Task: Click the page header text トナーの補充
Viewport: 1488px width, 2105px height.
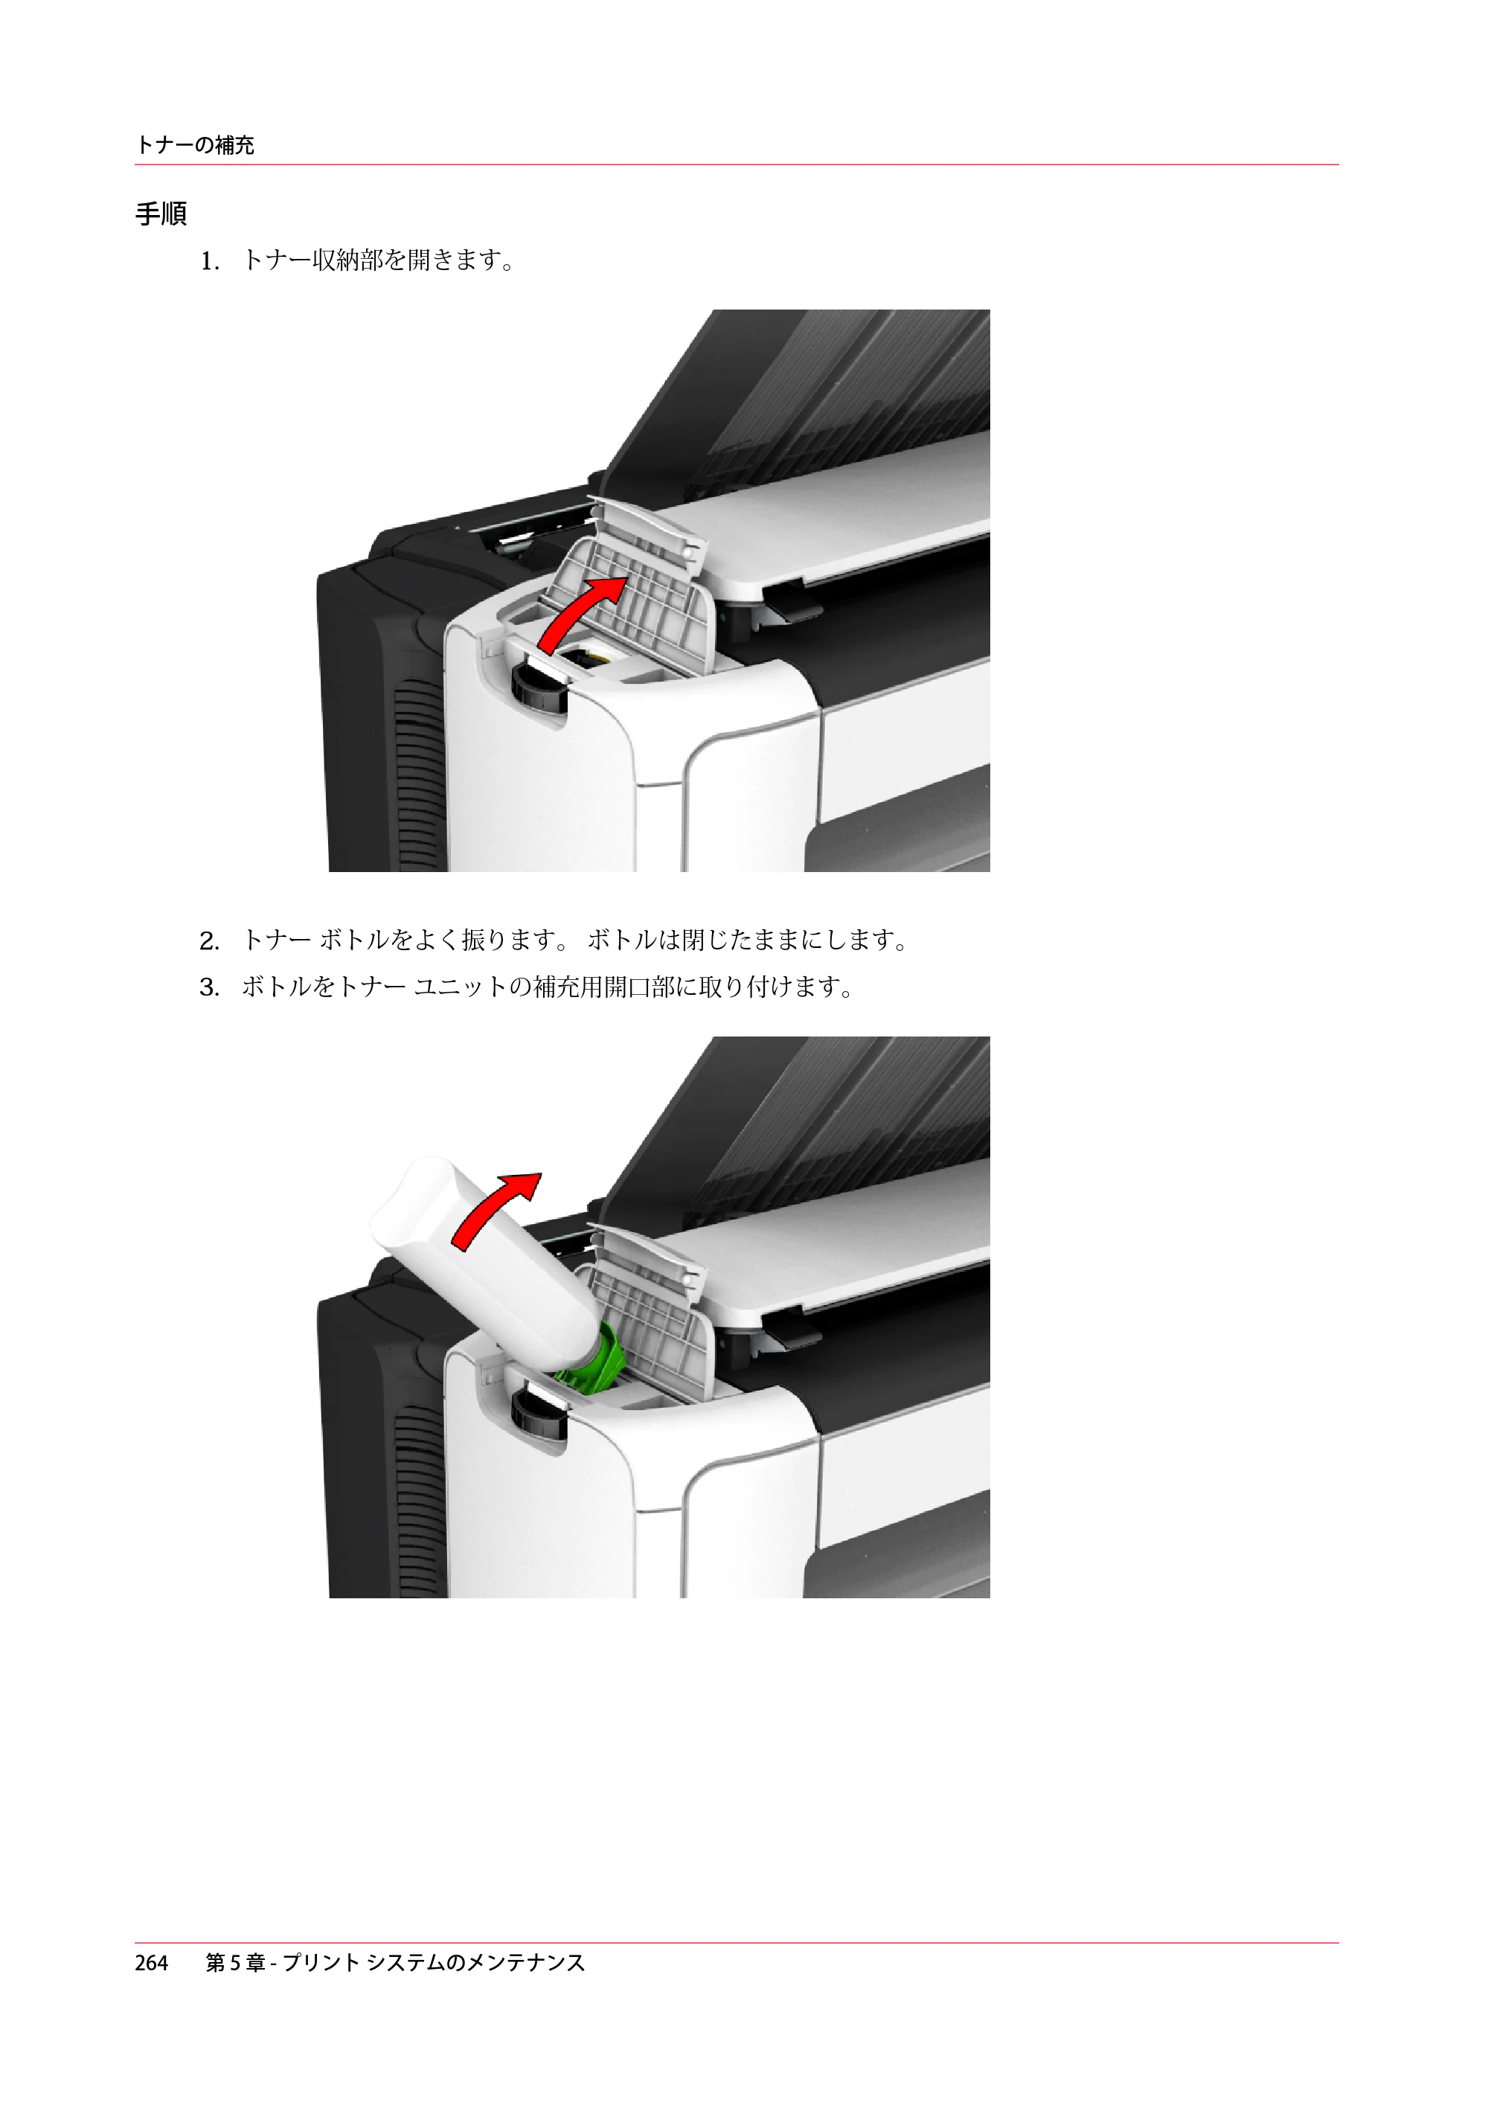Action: pos(194,145)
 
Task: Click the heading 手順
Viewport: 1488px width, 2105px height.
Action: pos(161,214)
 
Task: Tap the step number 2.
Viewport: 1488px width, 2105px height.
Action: pos(210,941)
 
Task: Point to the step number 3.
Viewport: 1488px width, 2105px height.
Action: pos(210,987)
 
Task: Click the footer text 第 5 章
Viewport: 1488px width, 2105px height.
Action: pos(236,1963)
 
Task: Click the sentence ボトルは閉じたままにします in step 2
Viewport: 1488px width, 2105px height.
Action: pos(739,941)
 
